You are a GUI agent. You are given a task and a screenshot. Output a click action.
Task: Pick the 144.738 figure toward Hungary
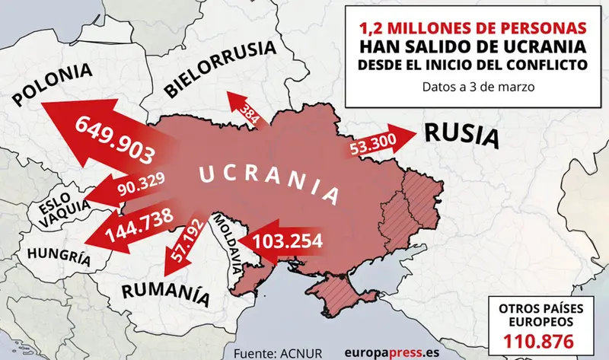tap(140, 224)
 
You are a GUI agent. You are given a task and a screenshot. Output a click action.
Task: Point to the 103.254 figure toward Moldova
tap(288, 241)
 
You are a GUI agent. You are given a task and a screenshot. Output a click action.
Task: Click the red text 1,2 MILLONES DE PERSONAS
tap(473, 28)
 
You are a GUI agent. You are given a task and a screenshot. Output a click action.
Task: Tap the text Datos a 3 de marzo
tap(473, 87)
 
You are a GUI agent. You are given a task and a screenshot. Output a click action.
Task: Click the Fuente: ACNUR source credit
tap(279, 351)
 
